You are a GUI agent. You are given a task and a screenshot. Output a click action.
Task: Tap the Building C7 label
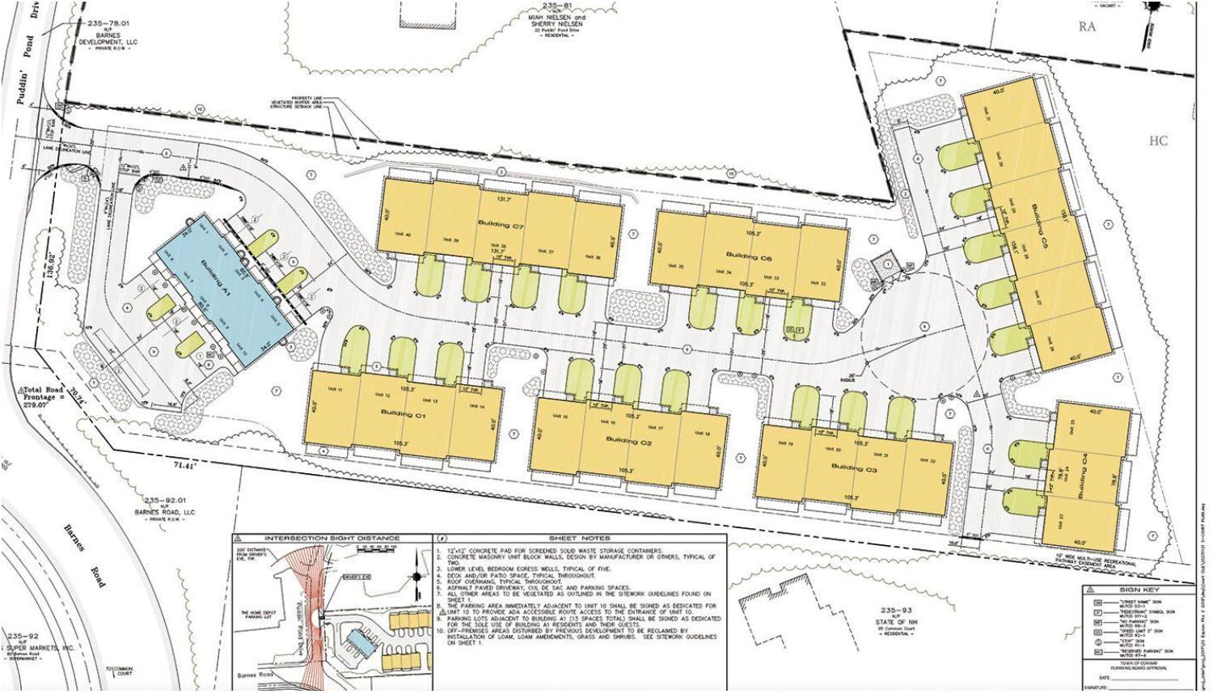pos(501,224)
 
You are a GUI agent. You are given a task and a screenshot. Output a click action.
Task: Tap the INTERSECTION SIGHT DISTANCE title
pos(332,538)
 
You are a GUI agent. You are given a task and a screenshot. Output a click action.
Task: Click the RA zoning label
pos(1088,27)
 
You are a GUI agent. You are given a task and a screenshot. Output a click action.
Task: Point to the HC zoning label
pos(1158,141)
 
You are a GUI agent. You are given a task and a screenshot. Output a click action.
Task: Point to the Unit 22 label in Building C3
pos(927,461)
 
